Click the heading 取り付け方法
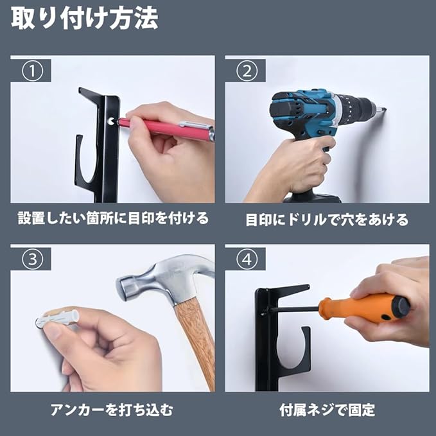[85, 19]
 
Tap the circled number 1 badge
[33, 71]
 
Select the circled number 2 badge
[247, 71]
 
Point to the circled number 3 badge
[33, 259]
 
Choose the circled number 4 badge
[247, 259]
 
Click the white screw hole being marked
[112, 121]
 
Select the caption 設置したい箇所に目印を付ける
[113, 218]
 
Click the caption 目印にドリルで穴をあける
[327, 220]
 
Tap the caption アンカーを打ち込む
[112, 410]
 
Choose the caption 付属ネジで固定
[327, 410]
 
